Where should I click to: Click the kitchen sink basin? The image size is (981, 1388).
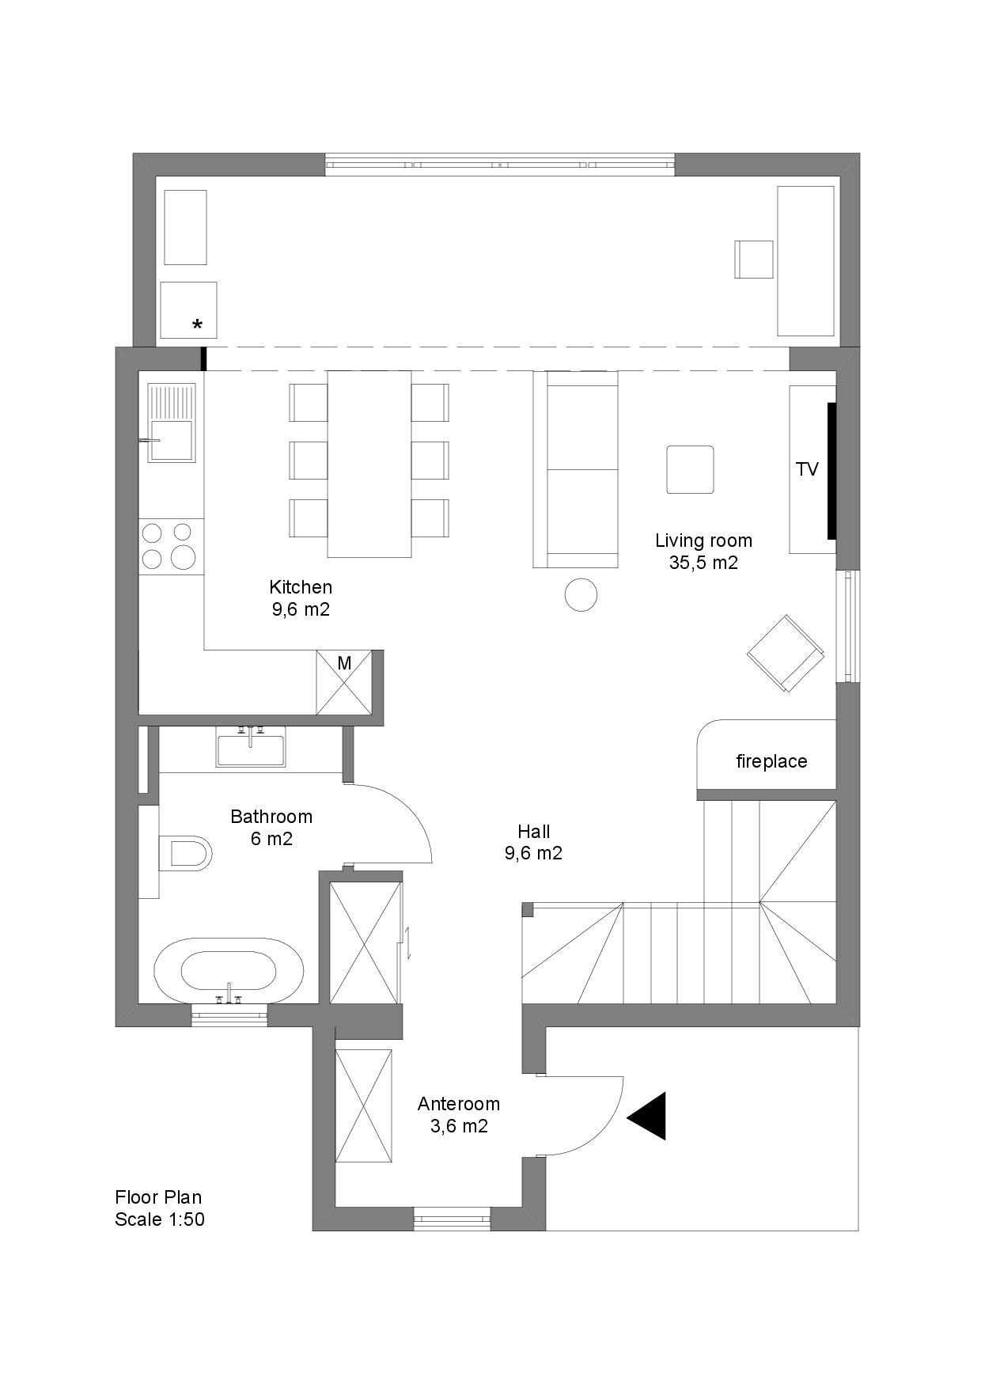point(171,440)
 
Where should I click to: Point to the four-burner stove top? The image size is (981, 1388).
point(171,546)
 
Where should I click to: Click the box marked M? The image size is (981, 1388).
point(344,682)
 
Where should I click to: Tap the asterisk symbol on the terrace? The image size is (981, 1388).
point(197,324)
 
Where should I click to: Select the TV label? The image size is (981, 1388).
point(807,469)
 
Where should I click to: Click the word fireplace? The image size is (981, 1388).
point(771,761)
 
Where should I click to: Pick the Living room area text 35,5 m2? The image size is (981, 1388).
point(703,563)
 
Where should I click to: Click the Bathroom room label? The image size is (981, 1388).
point(271,816)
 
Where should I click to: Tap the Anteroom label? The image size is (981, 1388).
point(459,1103)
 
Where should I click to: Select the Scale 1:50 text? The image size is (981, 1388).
point(160,1219)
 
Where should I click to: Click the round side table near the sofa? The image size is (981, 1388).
point(581,594)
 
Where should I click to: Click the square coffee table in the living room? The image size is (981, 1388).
point(690,469)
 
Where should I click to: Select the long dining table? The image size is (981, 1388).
point(369,464)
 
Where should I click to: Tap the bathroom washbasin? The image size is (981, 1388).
point(250,748)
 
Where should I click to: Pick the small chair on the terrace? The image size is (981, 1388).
point(754,259)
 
